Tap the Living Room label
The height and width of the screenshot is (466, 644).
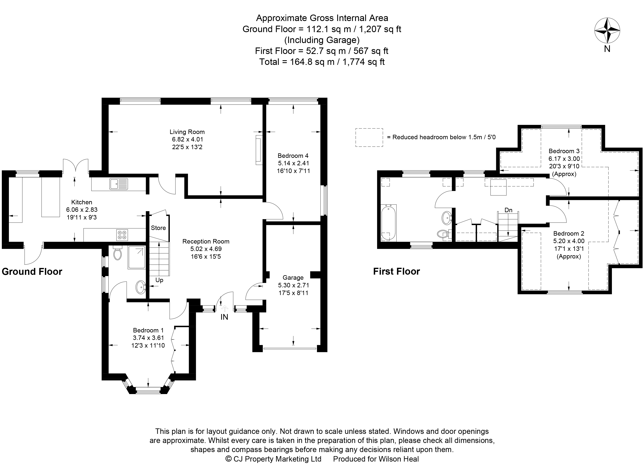tap(187, 132)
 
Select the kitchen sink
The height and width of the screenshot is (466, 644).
tap(119, 184)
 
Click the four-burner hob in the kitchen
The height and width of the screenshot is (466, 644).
tap(122, 235)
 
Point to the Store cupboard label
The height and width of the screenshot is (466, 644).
tap(158, 228)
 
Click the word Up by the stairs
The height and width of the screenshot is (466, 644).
tap(159, 280)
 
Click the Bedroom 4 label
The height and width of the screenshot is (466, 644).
tap(293, 156)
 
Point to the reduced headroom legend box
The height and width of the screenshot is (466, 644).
tap(369, 138)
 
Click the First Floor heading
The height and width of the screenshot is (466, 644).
tap(396, 271)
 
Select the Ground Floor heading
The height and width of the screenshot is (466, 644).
tap(32, 272)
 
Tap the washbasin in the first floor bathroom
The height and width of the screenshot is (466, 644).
tap(447, 218)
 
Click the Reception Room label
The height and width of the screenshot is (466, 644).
tap(206, 241)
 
